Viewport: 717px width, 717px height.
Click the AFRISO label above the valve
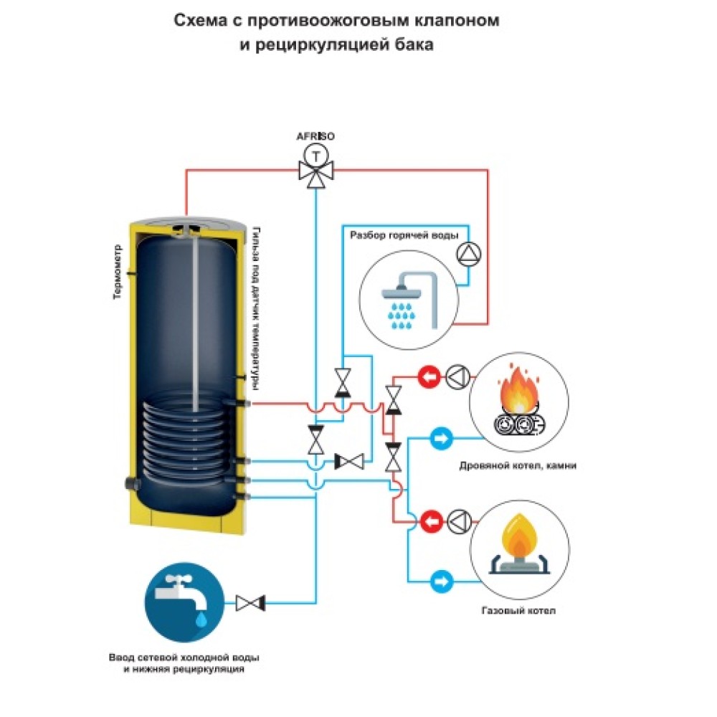pos(315,136)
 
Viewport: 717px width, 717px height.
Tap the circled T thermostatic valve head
pos(315,153)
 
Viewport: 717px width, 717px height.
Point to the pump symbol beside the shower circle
pos(468,252)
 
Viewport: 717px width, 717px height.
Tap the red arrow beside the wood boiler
pos(429,375)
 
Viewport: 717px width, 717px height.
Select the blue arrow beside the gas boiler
pos(440,579)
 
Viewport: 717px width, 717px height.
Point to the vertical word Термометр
pos(118,273)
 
